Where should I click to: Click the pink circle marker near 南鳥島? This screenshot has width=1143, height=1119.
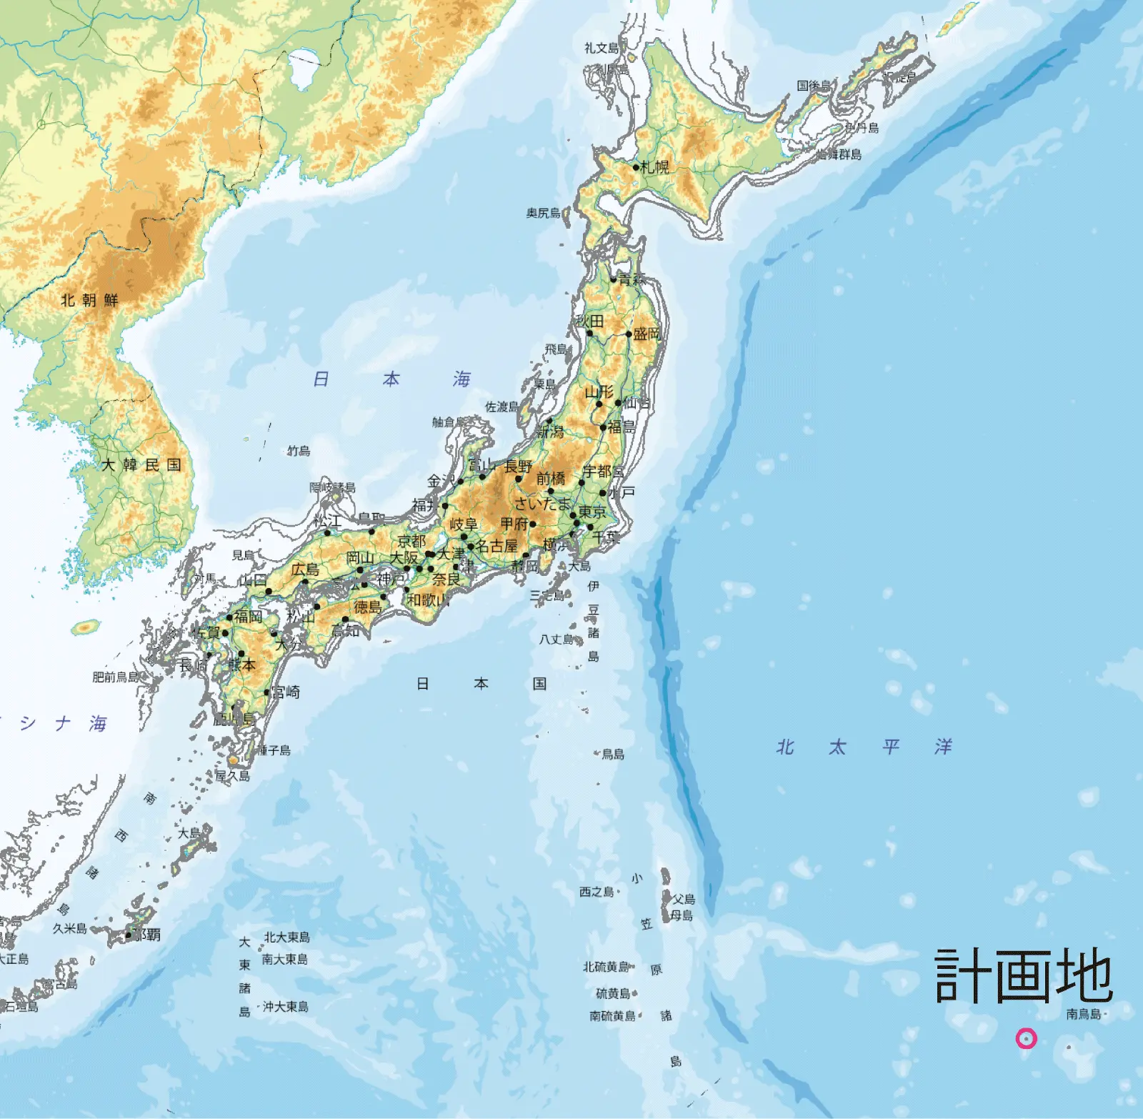(x=1026, y=1038)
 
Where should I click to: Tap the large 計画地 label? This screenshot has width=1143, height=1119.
(x=1023, y=976)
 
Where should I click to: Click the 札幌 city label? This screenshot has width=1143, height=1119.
(x=655, y=167)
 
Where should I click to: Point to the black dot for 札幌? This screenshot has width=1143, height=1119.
(x=636, y=167)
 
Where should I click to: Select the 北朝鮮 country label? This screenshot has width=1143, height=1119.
(x=89, y=300)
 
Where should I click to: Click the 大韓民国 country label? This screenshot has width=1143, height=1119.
(x=141, y=465)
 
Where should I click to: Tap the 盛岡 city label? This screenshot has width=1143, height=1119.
(x=647, y=334)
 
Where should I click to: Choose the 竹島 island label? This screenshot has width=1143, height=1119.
(x=299, y=451)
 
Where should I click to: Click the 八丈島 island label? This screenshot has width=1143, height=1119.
(x=556, y=640)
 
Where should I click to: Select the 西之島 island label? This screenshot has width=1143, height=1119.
(x=597, y=892)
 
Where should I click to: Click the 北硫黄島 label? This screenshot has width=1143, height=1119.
(x=607, y=967)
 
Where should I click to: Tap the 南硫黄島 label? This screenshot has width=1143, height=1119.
(x=612, y=1015)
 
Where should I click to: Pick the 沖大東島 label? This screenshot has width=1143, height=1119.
(x=286, y=1006)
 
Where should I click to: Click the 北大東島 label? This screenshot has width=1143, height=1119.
(x=287, y=937)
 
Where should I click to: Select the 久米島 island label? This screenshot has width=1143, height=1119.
(x=70, y=928)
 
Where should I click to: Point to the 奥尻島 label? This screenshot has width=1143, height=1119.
(x=544, y=213)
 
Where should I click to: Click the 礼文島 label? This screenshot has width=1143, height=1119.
(x=602, y=48)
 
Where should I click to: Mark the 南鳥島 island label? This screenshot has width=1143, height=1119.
(x=1084, y=1014)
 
